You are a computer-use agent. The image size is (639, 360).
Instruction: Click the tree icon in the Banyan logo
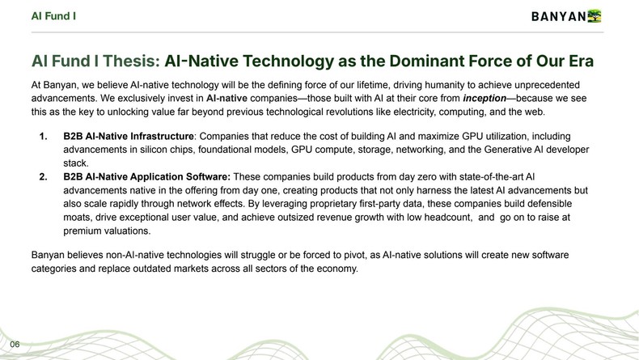(595, 15)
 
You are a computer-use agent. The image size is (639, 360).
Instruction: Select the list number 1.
(44, 138)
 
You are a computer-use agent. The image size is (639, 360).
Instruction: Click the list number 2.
(44, 177)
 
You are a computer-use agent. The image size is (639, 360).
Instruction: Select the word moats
(78, 217)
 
